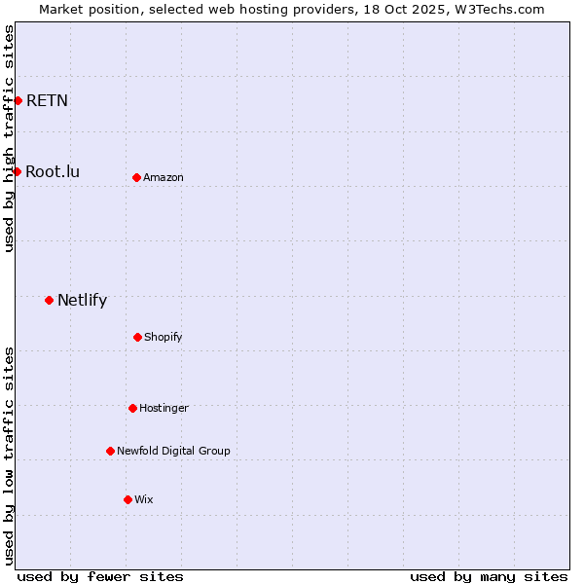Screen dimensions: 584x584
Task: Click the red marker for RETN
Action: pos(18,100)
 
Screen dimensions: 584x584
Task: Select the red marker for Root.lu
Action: pos(17,171)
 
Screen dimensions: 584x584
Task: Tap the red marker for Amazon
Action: pos(136,177)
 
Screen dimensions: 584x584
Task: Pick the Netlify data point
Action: pos(49,300)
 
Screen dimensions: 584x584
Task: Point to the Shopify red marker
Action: pos(137,337)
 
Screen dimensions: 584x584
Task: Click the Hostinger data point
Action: pos(132,408)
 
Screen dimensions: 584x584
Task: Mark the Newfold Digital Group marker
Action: pos(110,451)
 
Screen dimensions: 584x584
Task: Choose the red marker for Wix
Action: pos(128,499)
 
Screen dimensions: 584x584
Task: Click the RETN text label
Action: pos(47,100)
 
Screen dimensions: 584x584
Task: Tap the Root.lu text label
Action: pos(53,171)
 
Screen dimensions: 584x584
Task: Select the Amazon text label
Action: pos(164,177)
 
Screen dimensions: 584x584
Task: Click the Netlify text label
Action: pos(82,300)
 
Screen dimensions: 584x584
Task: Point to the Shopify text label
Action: pos(164,337)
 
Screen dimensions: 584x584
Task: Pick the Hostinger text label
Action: pos(164,408)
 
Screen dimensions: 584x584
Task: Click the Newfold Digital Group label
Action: pos(173,451)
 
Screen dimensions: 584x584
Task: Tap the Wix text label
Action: pos(144,499)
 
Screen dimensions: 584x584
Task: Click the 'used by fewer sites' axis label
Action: pos(100,576)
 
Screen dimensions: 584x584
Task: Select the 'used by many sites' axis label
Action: pos(489,576)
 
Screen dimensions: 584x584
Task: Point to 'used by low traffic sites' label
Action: pos(9,456)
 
